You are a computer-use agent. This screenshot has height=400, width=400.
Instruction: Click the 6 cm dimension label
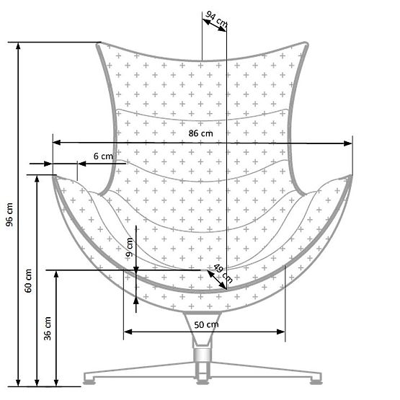click(103, 156)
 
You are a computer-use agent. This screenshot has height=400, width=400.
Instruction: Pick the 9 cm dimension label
click(130, 249)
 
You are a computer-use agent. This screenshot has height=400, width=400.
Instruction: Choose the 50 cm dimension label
click(205, 325)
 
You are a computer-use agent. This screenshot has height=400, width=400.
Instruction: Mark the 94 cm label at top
click(215, 19)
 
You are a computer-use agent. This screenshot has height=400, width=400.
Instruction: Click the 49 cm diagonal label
click(223, 273)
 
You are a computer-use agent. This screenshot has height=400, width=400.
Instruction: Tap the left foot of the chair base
click(91, 377)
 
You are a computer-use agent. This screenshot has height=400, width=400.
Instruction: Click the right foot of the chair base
click(314, 377)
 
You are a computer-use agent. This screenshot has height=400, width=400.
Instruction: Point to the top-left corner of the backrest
click(100, 45)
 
